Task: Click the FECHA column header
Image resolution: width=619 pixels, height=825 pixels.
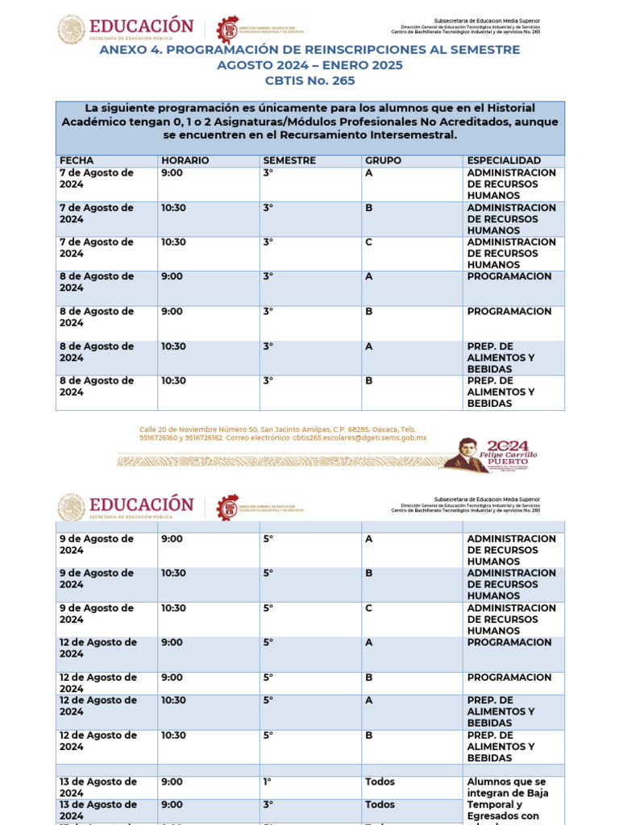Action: [77, 160]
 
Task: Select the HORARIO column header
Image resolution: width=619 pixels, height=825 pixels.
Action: [185, 160]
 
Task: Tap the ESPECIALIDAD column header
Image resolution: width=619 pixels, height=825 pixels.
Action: [504, 160]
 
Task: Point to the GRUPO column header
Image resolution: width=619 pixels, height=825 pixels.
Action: [383, 160]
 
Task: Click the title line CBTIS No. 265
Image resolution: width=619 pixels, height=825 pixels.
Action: [309, 81]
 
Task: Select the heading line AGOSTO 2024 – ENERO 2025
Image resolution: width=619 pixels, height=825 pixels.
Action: [309, 65]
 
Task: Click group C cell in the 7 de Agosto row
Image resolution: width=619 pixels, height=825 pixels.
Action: [369, 242]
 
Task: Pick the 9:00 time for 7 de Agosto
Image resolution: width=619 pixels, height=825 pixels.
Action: [172, 172]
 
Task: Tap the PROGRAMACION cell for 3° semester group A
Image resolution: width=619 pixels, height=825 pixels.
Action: [509, 276]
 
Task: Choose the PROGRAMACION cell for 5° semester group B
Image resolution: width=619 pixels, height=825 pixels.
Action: [509, 678]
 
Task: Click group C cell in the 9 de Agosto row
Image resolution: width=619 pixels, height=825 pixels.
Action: [369, 608]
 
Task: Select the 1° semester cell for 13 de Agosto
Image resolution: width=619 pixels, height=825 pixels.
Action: [268, 781]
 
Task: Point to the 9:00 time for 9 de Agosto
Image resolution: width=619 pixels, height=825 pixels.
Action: [172, 539]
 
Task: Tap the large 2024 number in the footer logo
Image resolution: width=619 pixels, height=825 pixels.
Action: [509, 445]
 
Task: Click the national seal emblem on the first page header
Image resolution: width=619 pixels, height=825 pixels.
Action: [71, 30]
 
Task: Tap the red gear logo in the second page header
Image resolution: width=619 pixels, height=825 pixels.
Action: [229, 506]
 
